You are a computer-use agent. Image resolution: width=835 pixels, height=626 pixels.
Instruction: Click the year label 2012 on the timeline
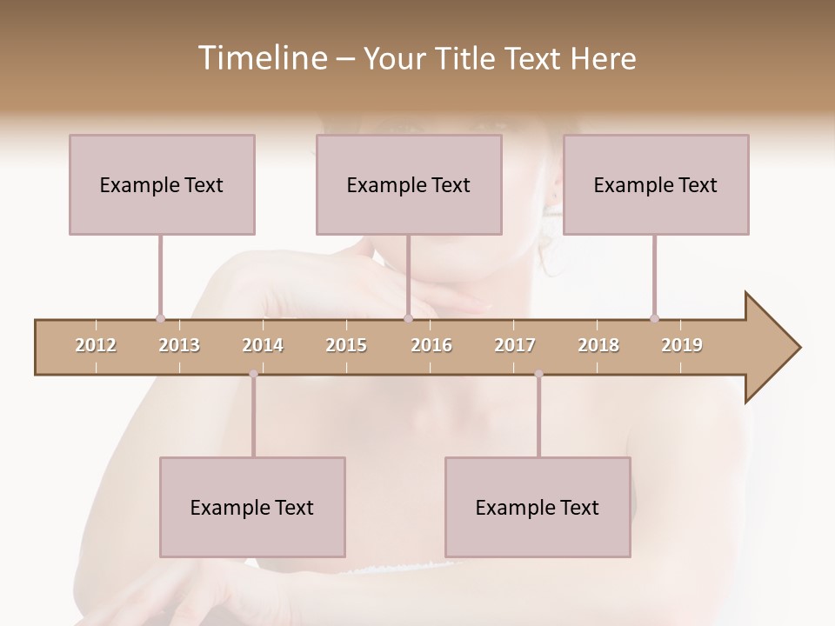(96, 345)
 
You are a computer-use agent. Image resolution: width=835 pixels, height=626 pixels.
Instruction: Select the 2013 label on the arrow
(179, 345)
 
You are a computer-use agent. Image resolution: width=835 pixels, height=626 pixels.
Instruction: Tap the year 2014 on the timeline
(263, 345)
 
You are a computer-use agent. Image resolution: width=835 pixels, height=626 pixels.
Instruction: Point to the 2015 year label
(346, 345)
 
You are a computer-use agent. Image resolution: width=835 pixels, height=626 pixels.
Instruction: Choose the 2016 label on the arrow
(431, 345)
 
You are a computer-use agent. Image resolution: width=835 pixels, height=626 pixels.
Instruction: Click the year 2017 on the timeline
(515, 345)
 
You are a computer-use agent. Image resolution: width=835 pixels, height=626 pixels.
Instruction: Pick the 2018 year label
(598, 345)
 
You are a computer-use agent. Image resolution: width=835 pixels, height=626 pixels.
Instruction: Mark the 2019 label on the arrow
(682, 345)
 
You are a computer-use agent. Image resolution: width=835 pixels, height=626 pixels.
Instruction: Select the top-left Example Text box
(162, 184)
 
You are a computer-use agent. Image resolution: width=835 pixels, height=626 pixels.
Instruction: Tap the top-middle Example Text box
(409, 184)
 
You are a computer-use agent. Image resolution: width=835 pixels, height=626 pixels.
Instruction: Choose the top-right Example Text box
(656, 184)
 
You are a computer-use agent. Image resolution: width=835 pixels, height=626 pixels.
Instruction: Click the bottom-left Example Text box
(252, 507)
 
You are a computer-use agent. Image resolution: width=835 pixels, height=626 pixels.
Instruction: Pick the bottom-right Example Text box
(538, 507)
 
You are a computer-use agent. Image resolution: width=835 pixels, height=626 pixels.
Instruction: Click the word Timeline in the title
(261, 58)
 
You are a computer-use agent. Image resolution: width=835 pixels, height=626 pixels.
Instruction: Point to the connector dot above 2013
(160, 318)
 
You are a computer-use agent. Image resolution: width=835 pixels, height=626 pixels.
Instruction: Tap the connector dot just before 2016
(408, 318)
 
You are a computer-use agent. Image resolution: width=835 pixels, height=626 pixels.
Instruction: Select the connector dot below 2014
(253, 374)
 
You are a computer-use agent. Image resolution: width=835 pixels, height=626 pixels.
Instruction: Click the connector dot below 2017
(538, 374)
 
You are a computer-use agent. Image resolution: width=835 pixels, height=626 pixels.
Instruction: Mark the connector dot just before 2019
(654, 318)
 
